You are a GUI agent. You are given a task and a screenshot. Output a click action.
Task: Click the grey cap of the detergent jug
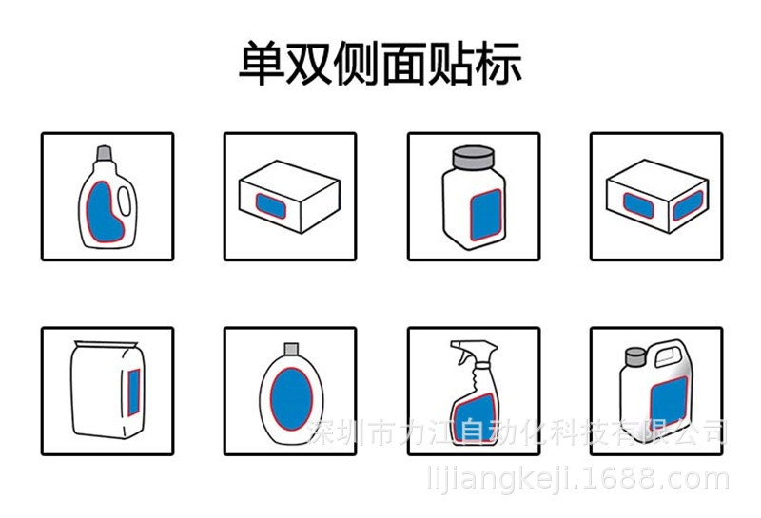click(105, 153)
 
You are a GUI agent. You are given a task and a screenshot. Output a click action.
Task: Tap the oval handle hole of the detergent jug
click(125, 201)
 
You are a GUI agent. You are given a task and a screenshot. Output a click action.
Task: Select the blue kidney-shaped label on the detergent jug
click(105, 212)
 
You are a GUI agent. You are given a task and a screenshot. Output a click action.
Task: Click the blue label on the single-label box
click(271, 205)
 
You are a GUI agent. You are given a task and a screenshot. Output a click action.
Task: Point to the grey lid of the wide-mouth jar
click(473, 158)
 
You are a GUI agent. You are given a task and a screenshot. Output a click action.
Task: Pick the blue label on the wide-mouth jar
click(486, 215)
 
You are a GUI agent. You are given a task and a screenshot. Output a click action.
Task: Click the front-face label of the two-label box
click(638, 205)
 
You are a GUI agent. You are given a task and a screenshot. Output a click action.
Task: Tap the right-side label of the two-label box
click(688, 205)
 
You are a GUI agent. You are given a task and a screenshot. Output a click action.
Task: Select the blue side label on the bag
click(134, 393)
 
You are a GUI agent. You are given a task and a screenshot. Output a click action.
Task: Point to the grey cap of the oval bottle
click(291, 349)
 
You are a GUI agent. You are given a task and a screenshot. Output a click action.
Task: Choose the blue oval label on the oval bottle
click(291, 399)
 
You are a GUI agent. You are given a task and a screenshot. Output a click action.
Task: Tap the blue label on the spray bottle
click(474, 418)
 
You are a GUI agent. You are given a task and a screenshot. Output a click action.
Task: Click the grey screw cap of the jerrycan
click(634, 356)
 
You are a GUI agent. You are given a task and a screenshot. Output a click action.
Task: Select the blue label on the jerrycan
click(669, 402)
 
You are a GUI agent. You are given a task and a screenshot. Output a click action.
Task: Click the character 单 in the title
click(263, 63)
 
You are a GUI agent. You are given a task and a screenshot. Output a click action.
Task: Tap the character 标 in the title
click(498, 63)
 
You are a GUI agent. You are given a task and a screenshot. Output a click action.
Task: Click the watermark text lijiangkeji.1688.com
click(578, 478)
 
